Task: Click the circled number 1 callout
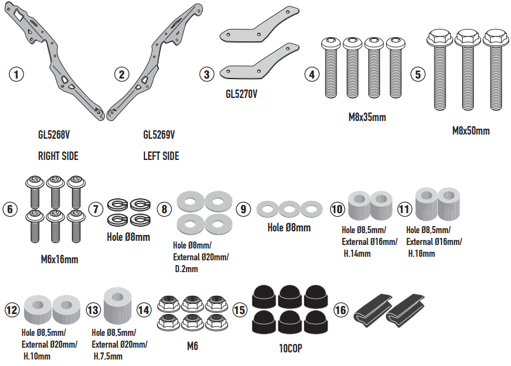click(17, 74)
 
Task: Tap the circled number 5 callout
click(418, 74)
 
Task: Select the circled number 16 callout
click(341, 309)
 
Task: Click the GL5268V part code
click(54, 135)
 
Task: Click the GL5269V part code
click(159, 135)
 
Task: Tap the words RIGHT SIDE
click(58, 156)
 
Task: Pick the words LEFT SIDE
click(161, 156)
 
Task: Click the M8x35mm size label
click(367, 117)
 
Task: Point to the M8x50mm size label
click(471, 130)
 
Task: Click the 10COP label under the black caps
click(290, 348)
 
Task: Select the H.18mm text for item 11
click(422, 253)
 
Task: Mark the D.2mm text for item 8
click(187, 269)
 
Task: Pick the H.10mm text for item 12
click(37, 356)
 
